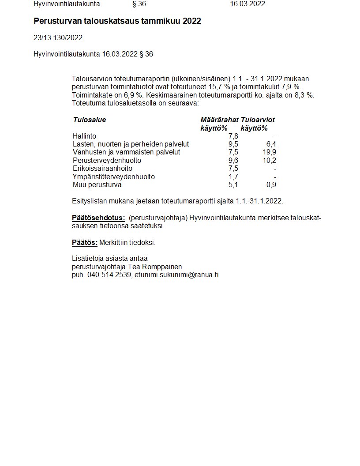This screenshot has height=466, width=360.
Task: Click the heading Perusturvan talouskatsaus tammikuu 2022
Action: click(117, 21)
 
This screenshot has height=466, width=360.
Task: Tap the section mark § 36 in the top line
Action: click(139, 4)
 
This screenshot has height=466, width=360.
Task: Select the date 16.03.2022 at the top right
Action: click(247, 4)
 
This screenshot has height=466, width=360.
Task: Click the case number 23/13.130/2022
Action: click(58, 38)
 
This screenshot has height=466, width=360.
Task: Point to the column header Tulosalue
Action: click(90, 120)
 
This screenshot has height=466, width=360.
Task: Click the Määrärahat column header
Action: click(219, 120)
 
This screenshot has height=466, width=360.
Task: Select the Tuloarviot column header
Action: click(258, 120)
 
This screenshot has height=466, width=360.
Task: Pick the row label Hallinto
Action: click(84, 136)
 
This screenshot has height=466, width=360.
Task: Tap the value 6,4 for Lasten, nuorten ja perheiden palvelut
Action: click(271, 144)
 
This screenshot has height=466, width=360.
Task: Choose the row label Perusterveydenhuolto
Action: click(106, 161)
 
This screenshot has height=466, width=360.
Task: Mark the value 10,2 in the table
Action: click(269, 161)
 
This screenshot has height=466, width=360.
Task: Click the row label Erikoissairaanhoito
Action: click(102, 169)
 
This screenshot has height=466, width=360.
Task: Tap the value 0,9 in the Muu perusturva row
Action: click(271, 185)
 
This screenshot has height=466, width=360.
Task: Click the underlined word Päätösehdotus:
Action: click(98, 218)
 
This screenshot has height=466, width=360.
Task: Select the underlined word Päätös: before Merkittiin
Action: click(84, 243)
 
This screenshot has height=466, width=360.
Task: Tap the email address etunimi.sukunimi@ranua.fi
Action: click(176, 274)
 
